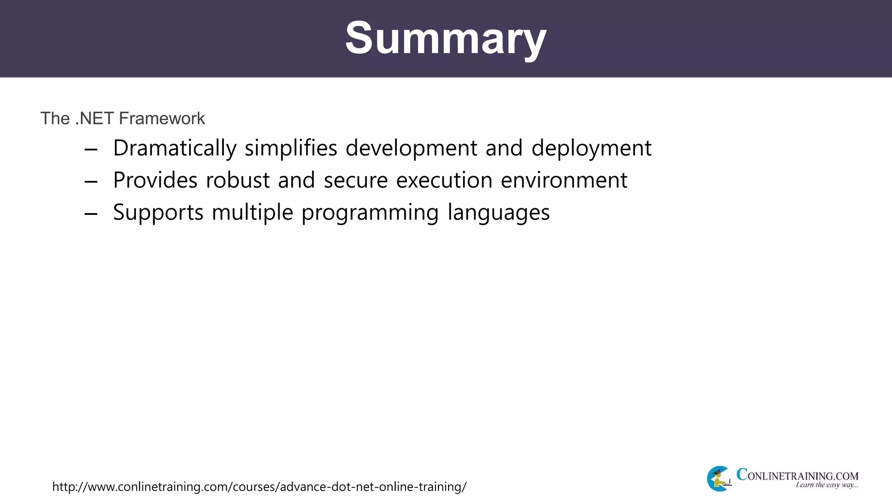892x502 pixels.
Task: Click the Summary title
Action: [446, 38]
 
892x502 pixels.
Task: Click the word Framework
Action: [162, 119]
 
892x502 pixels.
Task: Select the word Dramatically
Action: [175, 148]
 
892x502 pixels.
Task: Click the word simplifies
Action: [291, 148]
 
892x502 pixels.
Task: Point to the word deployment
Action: [591, 148]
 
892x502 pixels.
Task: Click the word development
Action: [411, 148]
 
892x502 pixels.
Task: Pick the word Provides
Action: [155, 180]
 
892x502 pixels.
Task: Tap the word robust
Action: [238, 180]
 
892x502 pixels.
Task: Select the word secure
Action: [355, 180]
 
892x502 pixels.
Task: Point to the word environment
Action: [564, 180]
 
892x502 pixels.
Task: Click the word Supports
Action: [158, 213]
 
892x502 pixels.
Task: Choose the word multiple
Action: [252, 213]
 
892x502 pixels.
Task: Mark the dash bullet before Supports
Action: [91, 214]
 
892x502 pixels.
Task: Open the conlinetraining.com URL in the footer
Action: [259, 486]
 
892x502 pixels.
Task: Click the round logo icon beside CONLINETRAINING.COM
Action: [719, 478]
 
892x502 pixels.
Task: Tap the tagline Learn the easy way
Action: [826, 485]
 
